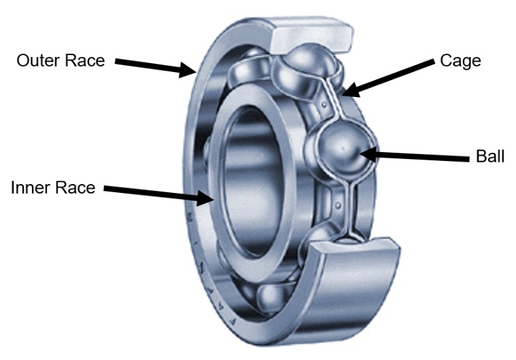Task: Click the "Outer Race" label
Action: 61,61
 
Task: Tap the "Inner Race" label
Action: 53,187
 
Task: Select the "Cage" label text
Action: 461,60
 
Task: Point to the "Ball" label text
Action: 490,158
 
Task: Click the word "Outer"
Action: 39,61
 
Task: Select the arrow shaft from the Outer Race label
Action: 146,65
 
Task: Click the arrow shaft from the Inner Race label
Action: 150,194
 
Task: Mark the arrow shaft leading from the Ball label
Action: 422,157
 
